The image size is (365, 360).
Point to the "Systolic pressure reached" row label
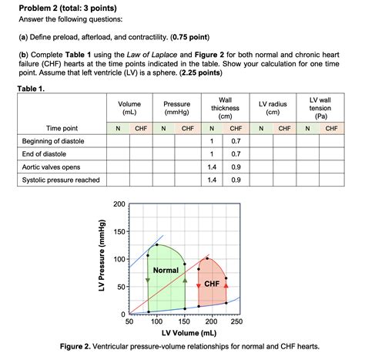point(61,180)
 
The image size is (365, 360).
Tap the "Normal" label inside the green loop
point(166,271)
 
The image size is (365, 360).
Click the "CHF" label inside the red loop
point(212,284)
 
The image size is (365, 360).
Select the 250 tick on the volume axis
point(236,322)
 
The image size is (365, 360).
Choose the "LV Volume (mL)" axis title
point(183,333)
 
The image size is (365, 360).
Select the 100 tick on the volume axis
point(158,322)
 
